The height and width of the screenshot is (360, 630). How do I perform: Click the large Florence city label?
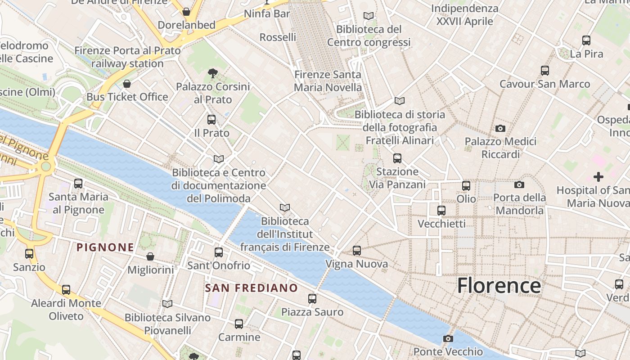(499, 286)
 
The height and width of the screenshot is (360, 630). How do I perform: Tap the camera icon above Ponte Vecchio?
(448, 338)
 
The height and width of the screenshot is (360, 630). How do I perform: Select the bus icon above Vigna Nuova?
(357, 250)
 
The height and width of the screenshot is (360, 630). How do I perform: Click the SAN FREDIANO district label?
(252, 288)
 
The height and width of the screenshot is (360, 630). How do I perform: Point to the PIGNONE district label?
(105, 247)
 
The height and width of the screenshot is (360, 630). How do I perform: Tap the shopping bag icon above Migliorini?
(150, 256)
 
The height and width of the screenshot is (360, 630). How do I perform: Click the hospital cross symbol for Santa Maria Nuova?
(598, 177)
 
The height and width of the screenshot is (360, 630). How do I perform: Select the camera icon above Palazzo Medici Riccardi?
(500, 129)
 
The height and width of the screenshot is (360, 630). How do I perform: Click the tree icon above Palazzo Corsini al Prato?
(212, 73)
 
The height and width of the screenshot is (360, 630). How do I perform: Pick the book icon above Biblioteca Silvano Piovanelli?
(167, 304)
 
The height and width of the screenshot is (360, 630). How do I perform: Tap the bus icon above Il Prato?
(211, 120)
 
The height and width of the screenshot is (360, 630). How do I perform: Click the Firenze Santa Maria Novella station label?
(328, 81)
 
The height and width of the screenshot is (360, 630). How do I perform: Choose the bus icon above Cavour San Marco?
(545, 71)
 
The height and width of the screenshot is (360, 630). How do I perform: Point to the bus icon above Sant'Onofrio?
(219, 252)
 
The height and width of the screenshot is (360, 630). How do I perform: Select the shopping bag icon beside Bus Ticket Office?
(127, 84)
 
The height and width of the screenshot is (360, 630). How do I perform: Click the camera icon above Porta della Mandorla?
(519, 184)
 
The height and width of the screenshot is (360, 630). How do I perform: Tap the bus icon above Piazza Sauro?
(312, 298)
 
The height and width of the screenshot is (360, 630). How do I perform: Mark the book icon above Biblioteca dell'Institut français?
(284, 207)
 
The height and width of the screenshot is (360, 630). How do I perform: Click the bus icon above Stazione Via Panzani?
(397, 158)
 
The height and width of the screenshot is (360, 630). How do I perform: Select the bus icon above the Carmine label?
(239, 324)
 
